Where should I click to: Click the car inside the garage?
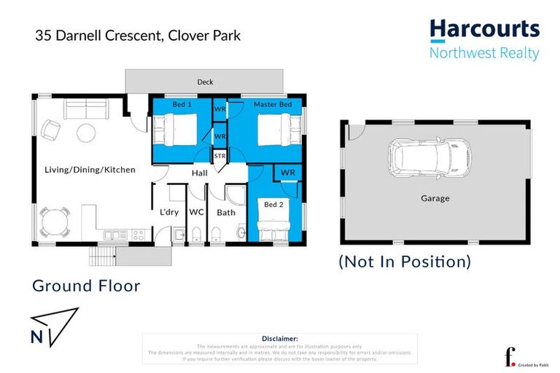(x=429, y=157)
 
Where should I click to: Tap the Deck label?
(x=206, y=82)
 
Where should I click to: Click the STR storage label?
(x=219, y=156)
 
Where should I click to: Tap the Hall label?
(x=200, y=173)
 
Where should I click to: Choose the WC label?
(x=196, y=213)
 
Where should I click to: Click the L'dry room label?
(x=170, y=213)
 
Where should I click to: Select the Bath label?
(x=226, y=213)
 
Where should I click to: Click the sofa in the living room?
(x=86, y=109)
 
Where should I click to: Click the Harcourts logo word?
(x=484, y=29)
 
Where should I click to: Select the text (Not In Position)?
(x=405, y=262)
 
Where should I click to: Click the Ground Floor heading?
(x=86, y=286)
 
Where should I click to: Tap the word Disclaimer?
(x=279, y=339)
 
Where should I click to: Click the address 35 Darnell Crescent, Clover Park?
(x=138, y=35)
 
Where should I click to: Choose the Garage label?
(x=435, y=198)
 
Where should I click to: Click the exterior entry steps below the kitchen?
(x=102, y=256)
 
